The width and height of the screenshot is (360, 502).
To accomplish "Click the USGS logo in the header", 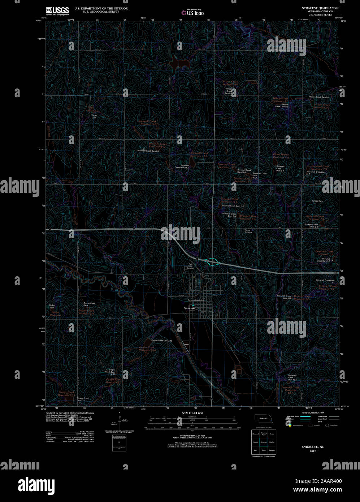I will pyautogui.click(x=57, y=10).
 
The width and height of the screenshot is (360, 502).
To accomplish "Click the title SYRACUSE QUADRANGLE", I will pyautogui.click(x=320, y=8).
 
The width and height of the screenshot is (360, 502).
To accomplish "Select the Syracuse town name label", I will pyautogui.click(x=189, y=308).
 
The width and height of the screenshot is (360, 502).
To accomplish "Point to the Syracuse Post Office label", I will pyautogui.click(x=196, y=300).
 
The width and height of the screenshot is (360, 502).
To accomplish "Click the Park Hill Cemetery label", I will pyautogui.click(x=190, y=267).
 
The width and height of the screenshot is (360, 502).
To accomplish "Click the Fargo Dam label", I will pyautogui.click(x=94, y=117).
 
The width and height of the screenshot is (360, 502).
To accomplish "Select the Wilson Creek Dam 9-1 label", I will pyautogui.click(x=319, y=97).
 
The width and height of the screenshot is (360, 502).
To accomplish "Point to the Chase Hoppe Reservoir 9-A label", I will pyautogui.click(x=281, y=156).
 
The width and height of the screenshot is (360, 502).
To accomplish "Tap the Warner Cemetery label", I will pyautogui.click(x=248, y=231).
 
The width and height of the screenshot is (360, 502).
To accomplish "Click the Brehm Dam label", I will pyautogui.click(x=52, y=306).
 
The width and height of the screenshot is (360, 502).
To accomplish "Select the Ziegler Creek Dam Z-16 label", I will pyautogui.click(x=162, y=341).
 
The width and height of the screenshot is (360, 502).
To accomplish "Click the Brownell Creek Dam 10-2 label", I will pyautogui.click(x=292, y=377).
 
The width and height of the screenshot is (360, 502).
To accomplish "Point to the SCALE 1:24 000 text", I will pyautogui.click(x=193, y=413).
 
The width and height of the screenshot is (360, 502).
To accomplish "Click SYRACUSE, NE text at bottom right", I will pyautogui.click(x=310, y=447).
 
